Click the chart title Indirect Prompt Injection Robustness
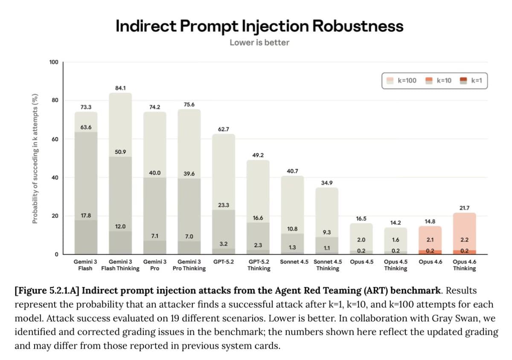tap(259, 26)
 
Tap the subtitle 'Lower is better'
tap(259, 43)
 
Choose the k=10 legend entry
tap(439, 80)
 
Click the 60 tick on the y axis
tap(54, 139)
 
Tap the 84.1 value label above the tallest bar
tap(120, 88)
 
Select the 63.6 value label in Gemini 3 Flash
tap(86, 127)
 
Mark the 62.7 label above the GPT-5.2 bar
tap(224, 129)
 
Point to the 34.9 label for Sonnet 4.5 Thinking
tap(327, 183)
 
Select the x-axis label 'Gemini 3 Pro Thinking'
tap(189, 265)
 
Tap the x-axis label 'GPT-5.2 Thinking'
tap(259, 265)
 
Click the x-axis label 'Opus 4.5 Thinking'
tap(396, 265)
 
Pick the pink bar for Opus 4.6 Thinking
tap(464, 230)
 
